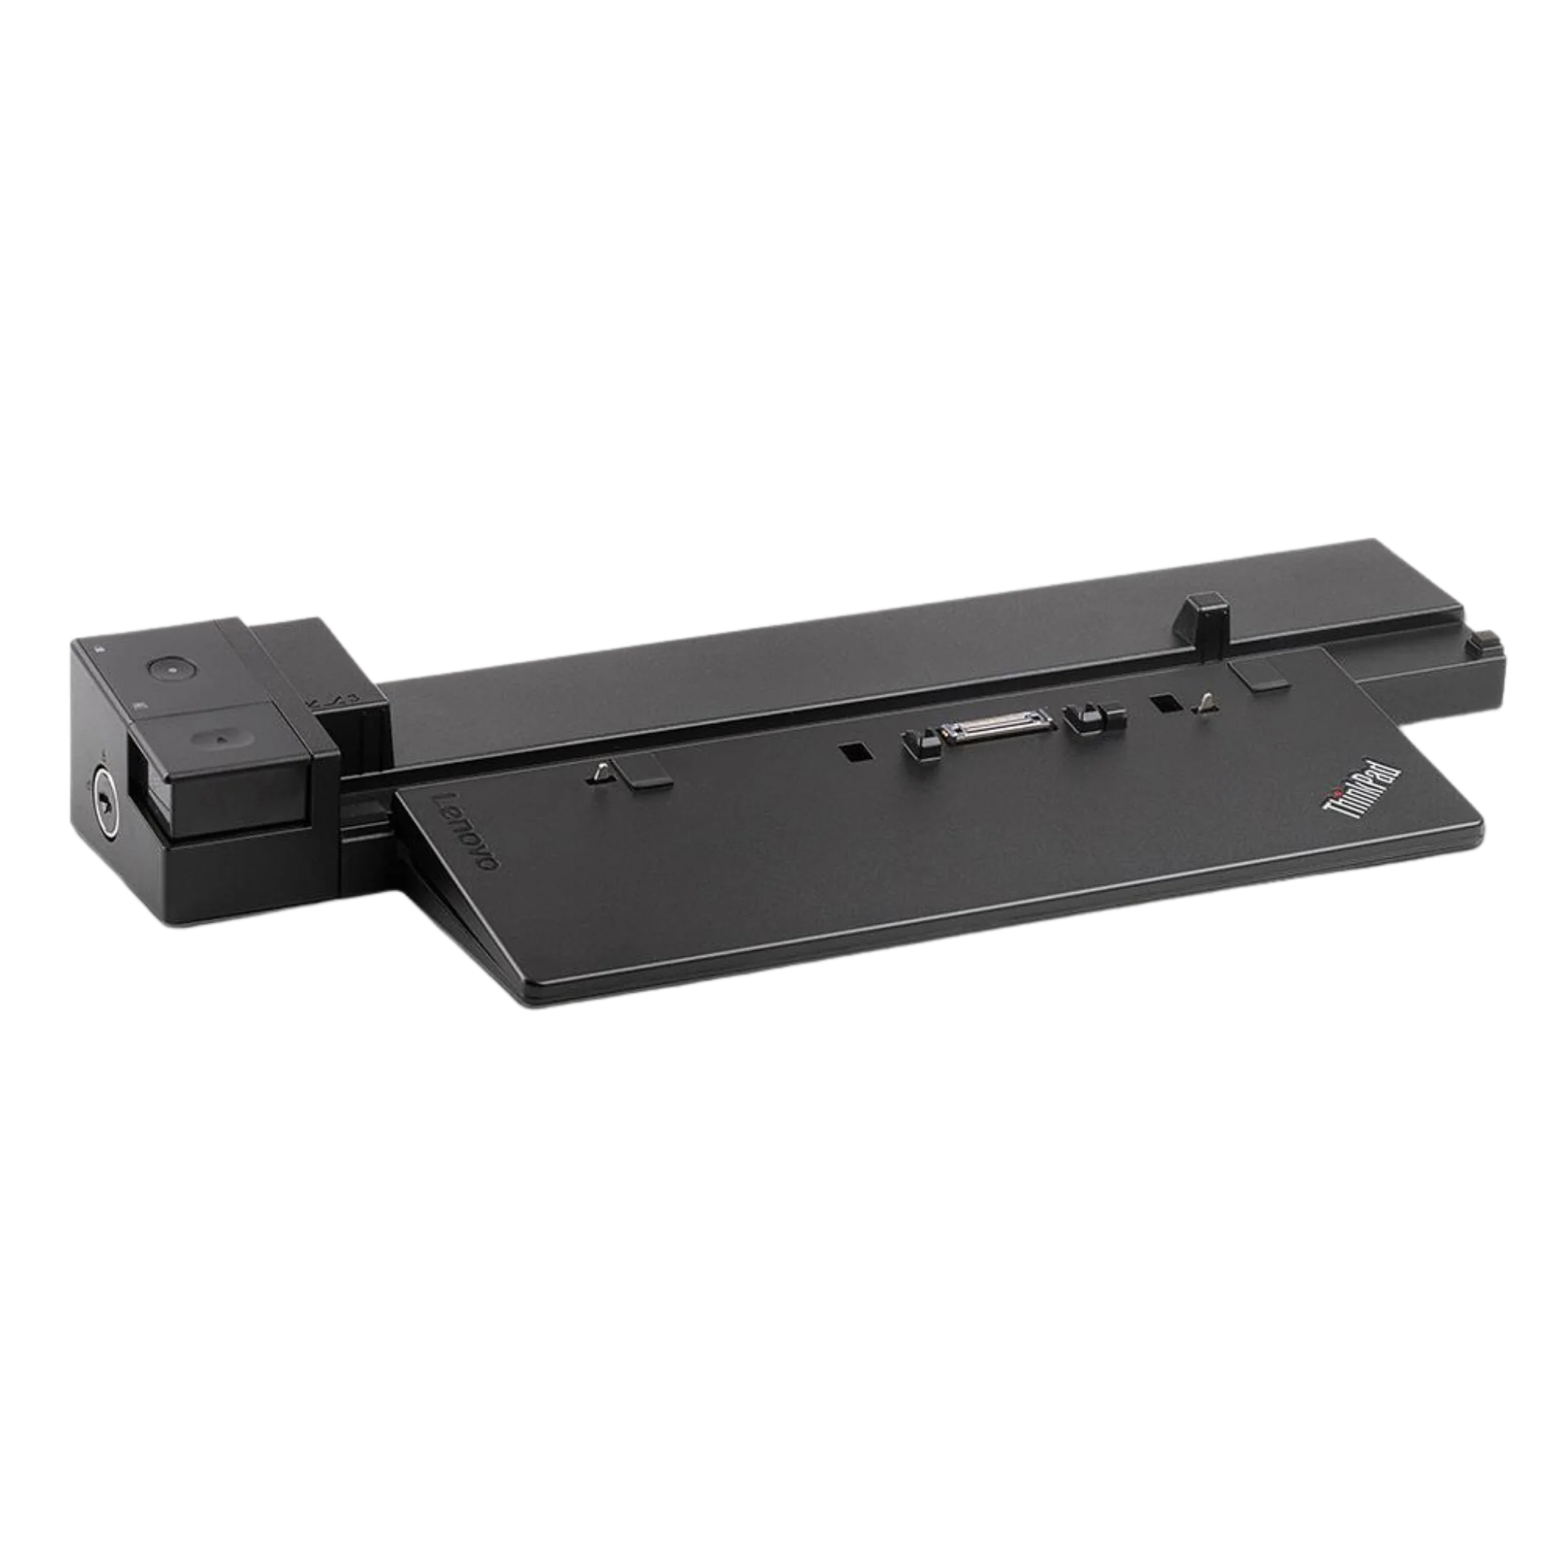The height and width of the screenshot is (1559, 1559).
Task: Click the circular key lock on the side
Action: [104, 777]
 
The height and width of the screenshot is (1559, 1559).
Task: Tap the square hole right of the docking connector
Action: [1165, 703]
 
